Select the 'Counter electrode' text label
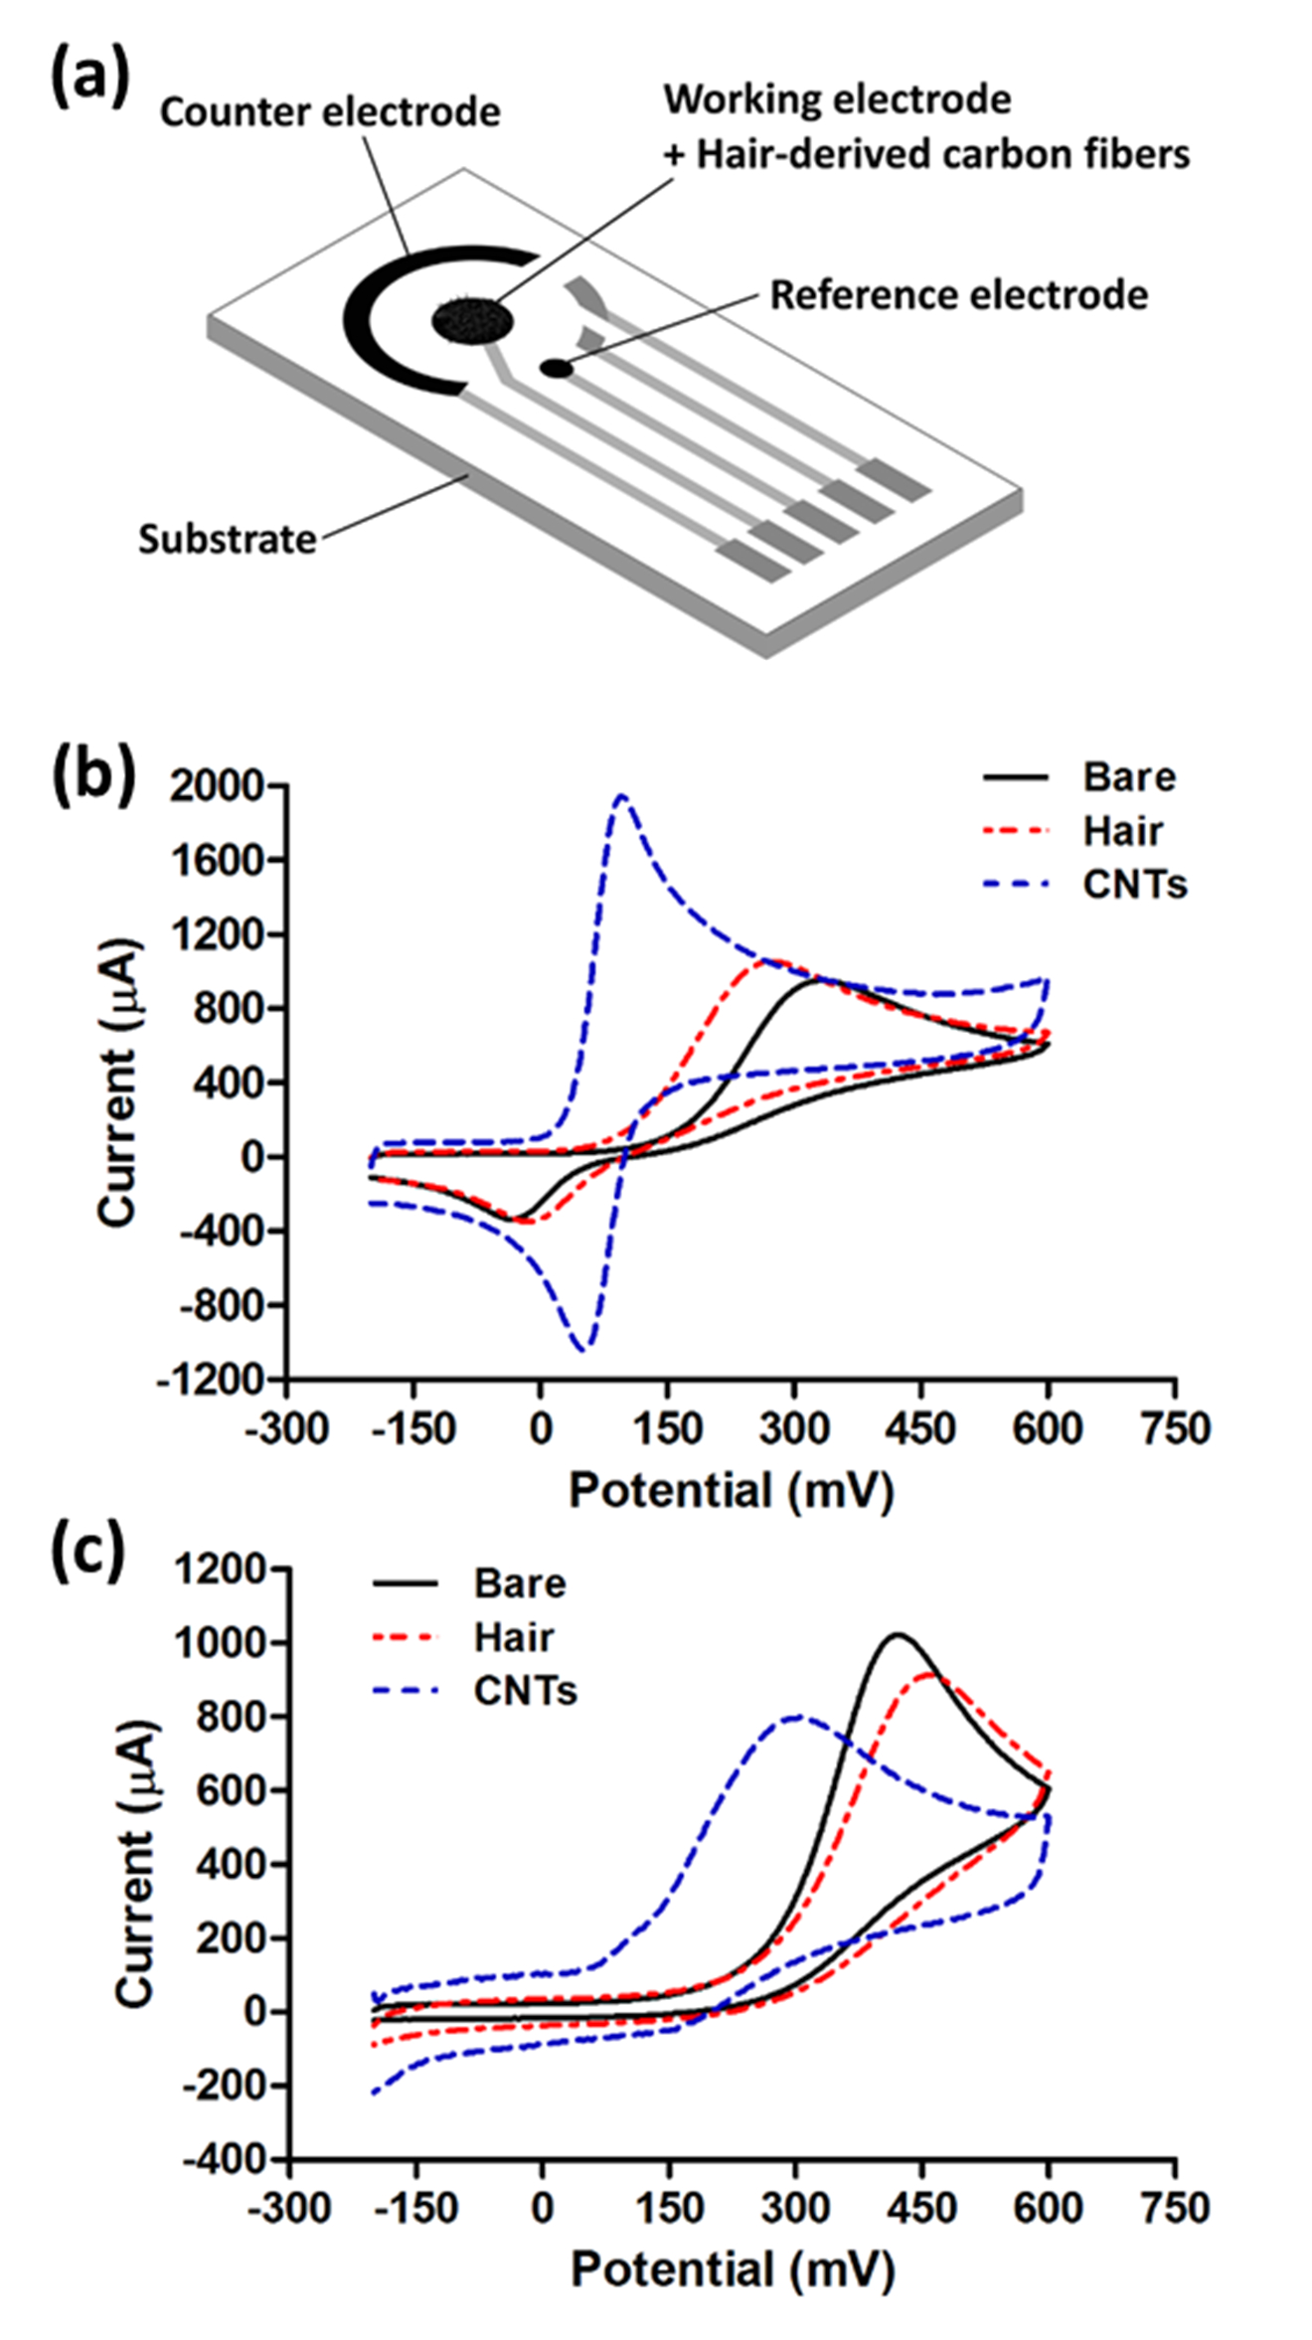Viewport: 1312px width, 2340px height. (x=330, y=112)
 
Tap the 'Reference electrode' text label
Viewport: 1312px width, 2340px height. (x=959, y=295)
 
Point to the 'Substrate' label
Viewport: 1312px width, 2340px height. (x=227, y=539)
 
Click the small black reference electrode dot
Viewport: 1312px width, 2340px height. (x=557, y=369)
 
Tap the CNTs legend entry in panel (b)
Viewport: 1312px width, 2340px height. (x=1134, y=885)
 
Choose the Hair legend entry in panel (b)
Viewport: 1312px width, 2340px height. (x=1122, y=831)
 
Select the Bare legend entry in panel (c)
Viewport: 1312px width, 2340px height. (x=519, y=1584)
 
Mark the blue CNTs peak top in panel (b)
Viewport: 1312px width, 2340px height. (x=622, y=795)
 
